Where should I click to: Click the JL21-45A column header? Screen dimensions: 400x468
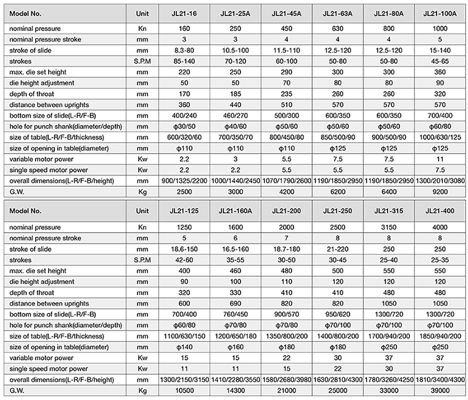(287, 14)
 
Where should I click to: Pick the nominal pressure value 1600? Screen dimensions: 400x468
(235, 227)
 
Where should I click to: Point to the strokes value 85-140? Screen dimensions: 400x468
(184, 62)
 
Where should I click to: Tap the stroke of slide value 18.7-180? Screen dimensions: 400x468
(287, 249)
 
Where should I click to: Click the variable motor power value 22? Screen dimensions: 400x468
(287, 358)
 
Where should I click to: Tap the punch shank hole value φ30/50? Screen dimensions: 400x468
(184, 127)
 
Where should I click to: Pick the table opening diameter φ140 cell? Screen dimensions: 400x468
(184, 347)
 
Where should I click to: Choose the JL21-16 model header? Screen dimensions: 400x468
(184, 14)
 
